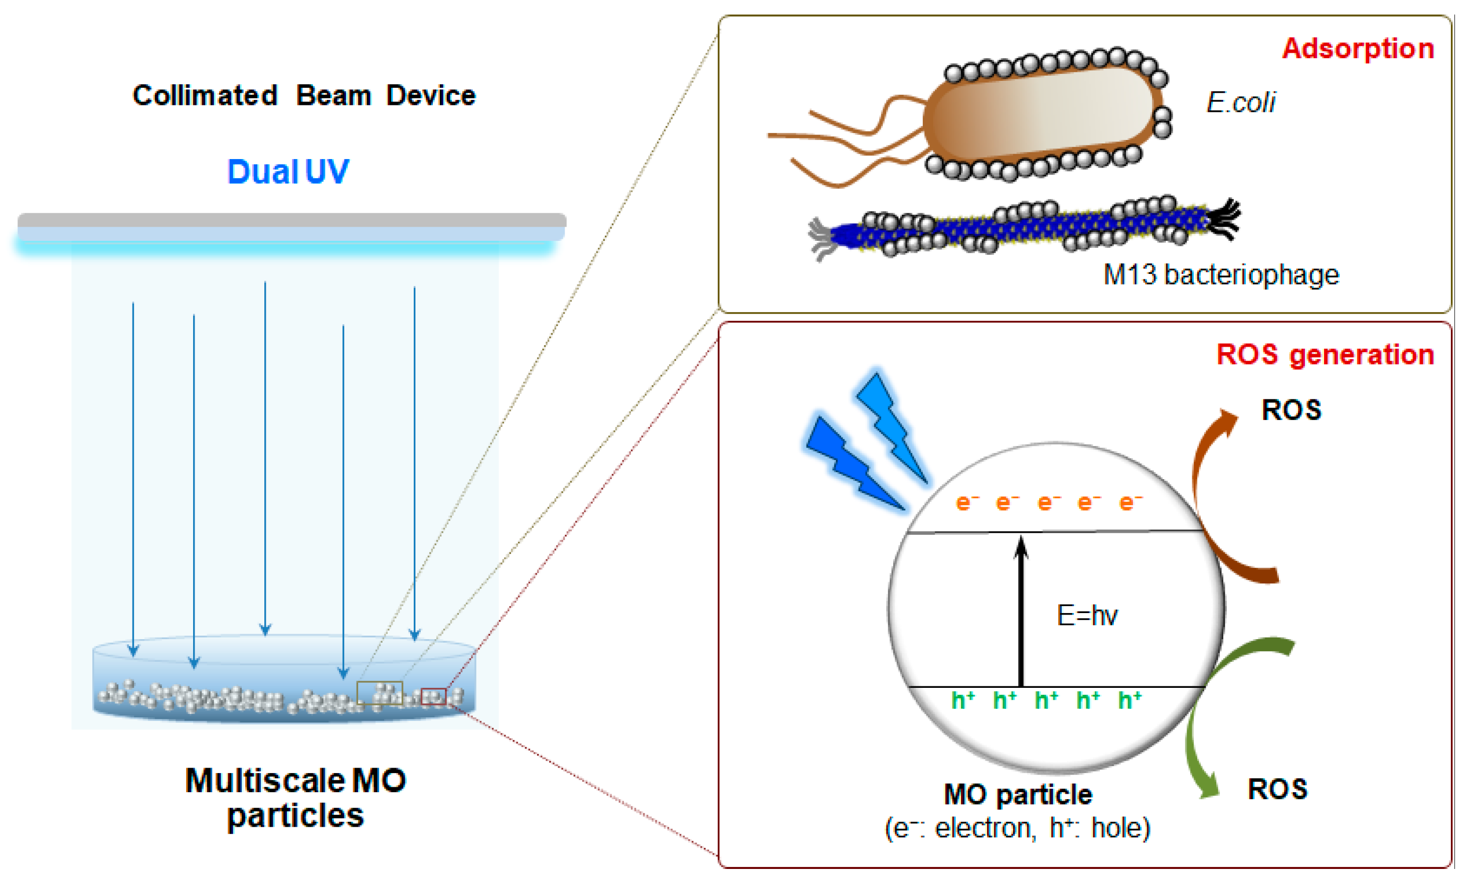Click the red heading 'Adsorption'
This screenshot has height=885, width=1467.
coord(1358,48)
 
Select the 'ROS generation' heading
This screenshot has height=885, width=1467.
coord(1325,355)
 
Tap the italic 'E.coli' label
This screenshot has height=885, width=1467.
coord(1241,102)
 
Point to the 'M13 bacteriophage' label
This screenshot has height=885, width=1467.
coord(1221,275)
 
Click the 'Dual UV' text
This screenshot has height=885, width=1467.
coord(288,172)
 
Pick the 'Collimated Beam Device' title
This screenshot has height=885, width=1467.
coord(303,95)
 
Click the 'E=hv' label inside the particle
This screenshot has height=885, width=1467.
coord(1087,615)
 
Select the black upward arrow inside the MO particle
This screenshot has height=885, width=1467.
coord(1021,614)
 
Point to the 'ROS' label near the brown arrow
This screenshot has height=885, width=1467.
coord(1291,410)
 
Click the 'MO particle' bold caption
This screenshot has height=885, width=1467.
coord(1018,795)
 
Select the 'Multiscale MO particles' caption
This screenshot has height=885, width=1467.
coord(295,798)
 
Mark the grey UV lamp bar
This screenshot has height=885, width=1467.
coord(292,221)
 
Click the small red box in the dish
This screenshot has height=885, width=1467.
coord(433,697)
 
